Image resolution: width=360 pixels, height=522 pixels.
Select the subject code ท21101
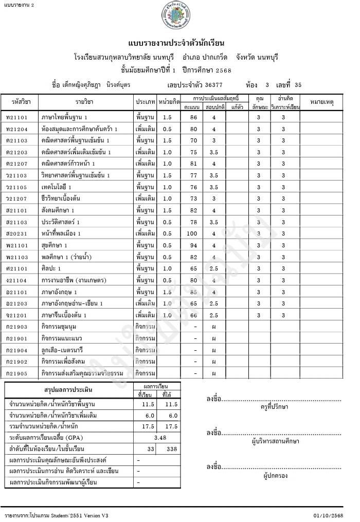pyautogui.click(x=16, y=117)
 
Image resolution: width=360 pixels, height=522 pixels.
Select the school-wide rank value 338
pyautogui.click(x=172, y=449)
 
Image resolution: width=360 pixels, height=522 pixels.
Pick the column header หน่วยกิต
pyautogui.click(x=169, y=102)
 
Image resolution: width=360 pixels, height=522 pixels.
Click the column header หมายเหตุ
pyautogui.click(x=322, y=102)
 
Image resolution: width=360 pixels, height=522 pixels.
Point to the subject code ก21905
pyautogui.click(x=16, y=373)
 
